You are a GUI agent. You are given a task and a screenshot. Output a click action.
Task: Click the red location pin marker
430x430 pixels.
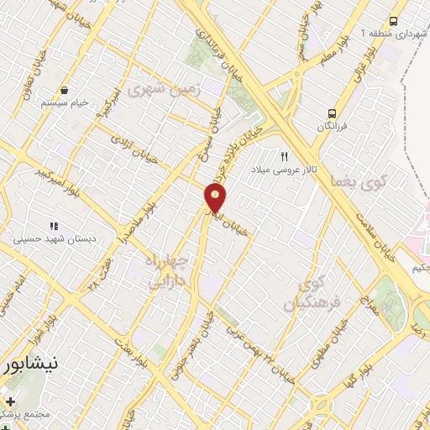(216, 199)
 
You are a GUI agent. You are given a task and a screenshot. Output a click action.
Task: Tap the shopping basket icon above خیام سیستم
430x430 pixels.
(65, 90)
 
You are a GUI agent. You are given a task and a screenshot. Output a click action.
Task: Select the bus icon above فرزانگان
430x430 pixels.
(333, 112)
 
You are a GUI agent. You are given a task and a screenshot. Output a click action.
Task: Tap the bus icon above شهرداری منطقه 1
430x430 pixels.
(393, 21)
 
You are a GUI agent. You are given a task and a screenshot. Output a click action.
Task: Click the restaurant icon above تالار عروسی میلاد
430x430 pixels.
(285, 156)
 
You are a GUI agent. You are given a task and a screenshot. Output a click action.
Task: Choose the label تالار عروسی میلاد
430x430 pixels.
(285, 169)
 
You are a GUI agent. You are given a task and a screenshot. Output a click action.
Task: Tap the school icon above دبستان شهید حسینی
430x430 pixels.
(54, 226)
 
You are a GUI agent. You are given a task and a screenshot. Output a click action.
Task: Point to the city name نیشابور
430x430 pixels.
(29, 366)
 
